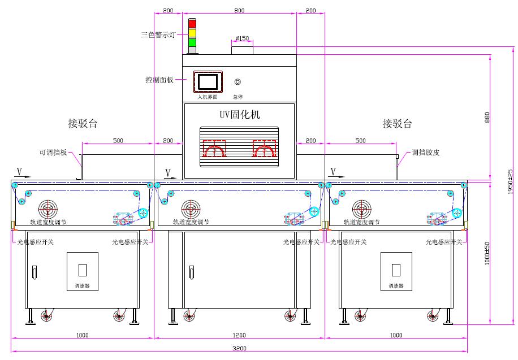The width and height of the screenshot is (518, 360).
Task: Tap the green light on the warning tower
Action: pos(192,42)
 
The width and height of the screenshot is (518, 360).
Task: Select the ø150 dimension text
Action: pos(241,38)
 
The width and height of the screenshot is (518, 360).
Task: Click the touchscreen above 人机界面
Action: pos(207,81)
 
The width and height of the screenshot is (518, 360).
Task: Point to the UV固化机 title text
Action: pos(240,115)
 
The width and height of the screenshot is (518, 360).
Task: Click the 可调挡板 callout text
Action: pos(53,153)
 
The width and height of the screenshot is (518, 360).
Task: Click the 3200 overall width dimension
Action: pos(239,348)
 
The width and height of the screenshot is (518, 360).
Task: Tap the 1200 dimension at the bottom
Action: pos(239,335)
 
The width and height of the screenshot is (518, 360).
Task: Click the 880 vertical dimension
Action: pos(487,118)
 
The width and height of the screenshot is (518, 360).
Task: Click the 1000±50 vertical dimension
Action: pos(487,254)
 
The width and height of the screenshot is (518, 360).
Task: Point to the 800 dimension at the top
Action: pos(239,11)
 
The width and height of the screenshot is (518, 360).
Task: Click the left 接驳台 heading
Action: pos(83,123)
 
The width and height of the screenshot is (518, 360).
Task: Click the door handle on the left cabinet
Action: pos(34,273)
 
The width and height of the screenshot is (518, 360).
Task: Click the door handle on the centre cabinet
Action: pos(191,273)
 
